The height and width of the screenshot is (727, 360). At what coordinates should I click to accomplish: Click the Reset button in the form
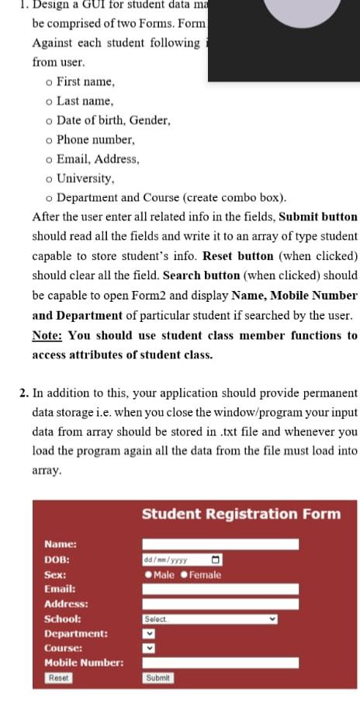[x=58, y=677]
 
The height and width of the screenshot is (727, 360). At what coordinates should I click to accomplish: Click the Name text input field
[x=220, y=545]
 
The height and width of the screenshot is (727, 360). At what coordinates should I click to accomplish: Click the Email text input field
[x=220, y=590]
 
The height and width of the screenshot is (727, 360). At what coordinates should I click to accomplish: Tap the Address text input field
[x=220, y=604]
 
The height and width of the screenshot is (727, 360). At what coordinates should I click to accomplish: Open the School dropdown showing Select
[x=209, y=619]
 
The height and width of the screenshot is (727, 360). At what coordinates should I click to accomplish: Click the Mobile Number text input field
[x=220, y=663]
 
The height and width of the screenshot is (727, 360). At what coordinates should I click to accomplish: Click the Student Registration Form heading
[x=241, y=514]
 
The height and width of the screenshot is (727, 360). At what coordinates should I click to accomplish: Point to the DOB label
[x=57, y=559]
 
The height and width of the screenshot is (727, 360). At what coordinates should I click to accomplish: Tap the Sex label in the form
[x=55, y=575]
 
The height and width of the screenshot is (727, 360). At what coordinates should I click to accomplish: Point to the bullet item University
[x=85, y=178]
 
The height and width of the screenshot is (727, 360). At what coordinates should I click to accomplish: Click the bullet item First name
[x=85, y=81]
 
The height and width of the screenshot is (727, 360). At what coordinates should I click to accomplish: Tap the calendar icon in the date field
[x=216, y=559]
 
